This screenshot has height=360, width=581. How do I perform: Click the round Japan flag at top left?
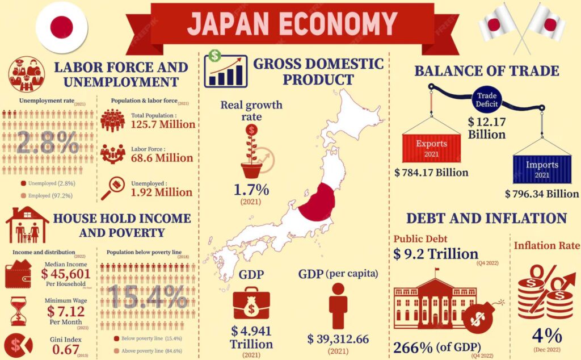[61, 27]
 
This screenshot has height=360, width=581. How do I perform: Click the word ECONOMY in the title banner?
[340, 23]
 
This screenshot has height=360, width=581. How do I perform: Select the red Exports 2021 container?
[431, 148]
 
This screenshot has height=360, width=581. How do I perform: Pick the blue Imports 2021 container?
[541, 169]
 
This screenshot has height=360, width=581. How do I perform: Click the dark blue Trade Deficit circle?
[486, 100]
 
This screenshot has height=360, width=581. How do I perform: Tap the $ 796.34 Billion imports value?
[541, 194]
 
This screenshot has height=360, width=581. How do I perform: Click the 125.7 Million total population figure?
[162, 124]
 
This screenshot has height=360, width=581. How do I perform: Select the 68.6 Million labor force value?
[162, 158]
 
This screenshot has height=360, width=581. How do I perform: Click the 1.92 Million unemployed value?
[162, 192]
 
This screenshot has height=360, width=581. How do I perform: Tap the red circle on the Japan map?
[318, 202]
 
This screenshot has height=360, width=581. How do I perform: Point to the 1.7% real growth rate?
[251, 190]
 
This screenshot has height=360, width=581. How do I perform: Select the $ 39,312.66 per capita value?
[338, 339]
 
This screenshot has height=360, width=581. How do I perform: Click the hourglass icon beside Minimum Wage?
[19, 311]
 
